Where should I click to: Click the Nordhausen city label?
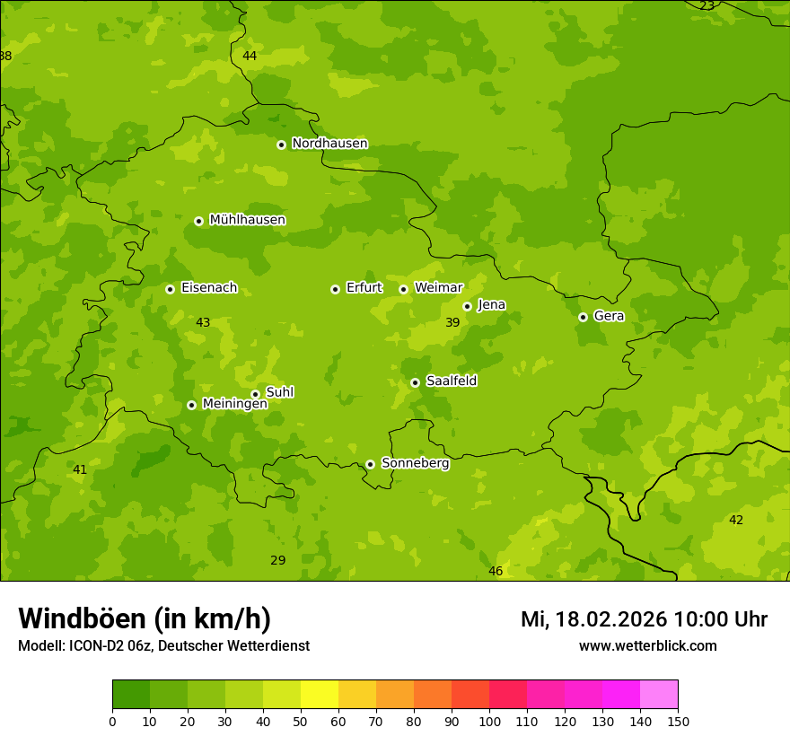pos(329,144)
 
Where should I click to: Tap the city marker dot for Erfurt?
pos(335,289)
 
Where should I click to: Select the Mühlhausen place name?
pos(247,220)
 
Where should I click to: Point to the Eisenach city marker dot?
pos(170,289)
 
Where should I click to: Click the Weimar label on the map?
pos(438,288)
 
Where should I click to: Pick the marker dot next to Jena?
pos(467,306)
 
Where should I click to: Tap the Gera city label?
pos(609,316)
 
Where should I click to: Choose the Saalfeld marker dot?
pos(415,382)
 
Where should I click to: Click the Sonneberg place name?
pos(415,463)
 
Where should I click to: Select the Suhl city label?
pos(279,392)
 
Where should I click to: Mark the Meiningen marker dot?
pos(191,405)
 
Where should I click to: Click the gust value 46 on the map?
pos(496,572)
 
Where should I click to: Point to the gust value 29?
pos(278,560)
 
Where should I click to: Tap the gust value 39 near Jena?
pos(452,322)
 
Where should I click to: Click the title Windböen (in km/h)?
pos(145,618)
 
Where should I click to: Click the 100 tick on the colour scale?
pos(489,721)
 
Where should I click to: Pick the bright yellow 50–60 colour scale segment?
pos(320,694)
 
